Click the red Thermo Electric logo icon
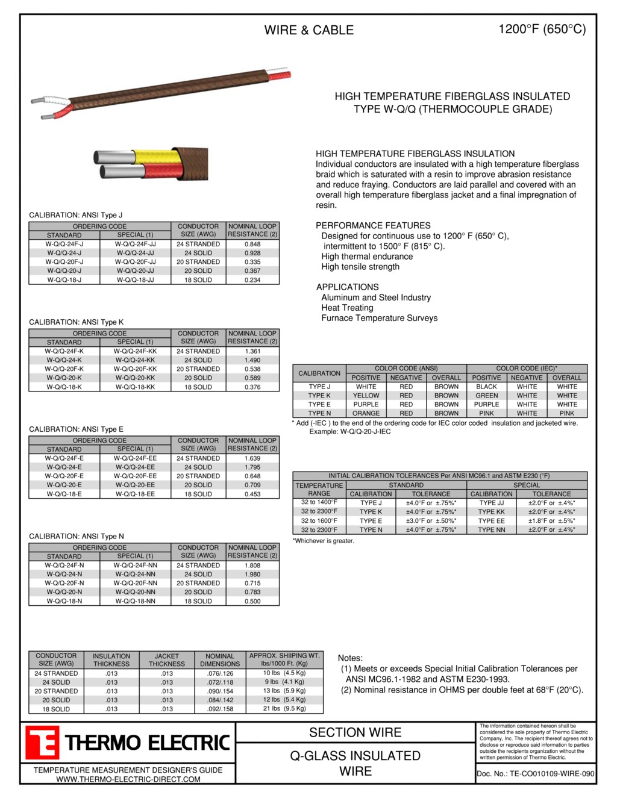(42, 743)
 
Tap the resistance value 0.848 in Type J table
(252, 245)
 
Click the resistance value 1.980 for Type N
(252, 575)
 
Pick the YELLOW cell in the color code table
(366, 396)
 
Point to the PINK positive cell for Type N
(486, 414)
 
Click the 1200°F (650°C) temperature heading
(542, 30)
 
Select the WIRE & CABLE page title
(308, 30)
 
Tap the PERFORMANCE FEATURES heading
(373, 226)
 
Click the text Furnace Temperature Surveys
(379, 318)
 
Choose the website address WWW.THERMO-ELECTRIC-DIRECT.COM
(128, 779)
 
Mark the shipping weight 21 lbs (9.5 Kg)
(284, 709)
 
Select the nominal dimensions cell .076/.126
(220, 674)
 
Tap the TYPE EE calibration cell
(491, 521)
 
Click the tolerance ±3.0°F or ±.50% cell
(431, 521)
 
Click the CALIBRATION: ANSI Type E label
(76, 429)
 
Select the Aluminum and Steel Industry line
(376, 298)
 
